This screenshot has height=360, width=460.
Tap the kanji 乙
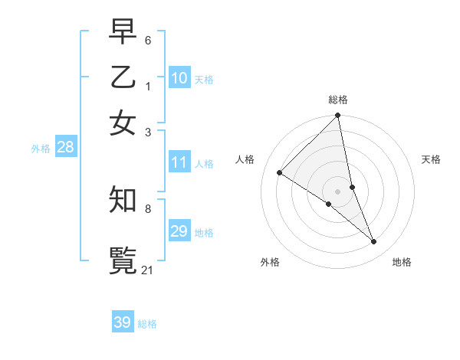tap(123, 79)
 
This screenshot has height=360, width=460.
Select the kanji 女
tap(123, 123)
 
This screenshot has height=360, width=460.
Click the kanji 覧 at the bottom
tap(123, 260)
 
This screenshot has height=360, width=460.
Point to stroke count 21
tap(148, 270)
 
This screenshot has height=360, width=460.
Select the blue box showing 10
tap(179, 78)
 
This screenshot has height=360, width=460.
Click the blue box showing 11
tap(179, 162)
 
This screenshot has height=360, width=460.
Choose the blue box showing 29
tap(179, 231)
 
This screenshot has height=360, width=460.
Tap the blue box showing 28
tap(65, 148)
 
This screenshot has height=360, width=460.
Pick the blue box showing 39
tap(123, 322)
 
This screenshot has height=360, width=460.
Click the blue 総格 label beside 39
tap(147, 324)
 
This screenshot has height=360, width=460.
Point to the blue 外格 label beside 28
tap(41, 149)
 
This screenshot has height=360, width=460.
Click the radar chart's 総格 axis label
tap(338, 100)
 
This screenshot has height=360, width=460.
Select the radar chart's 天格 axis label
tap(431, 159)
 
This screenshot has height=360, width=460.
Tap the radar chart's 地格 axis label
tap(402, 262)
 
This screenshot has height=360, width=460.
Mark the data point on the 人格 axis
tap(280, 173)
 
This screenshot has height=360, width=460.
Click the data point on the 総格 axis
tap(338, 116)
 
